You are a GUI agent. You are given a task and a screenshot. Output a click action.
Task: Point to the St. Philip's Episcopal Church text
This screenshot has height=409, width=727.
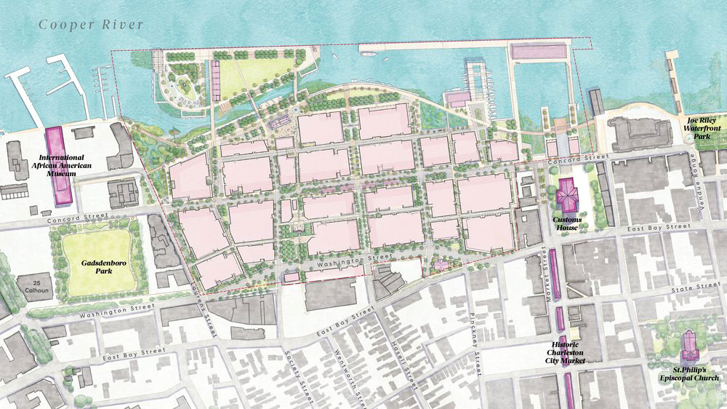coord(686,373)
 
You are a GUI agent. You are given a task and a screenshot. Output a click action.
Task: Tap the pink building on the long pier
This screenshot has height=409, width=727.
coord(539,51)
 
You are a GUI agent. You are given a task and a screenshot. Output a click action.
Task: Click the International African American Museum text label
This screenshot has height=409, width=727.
coord(62,167)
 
